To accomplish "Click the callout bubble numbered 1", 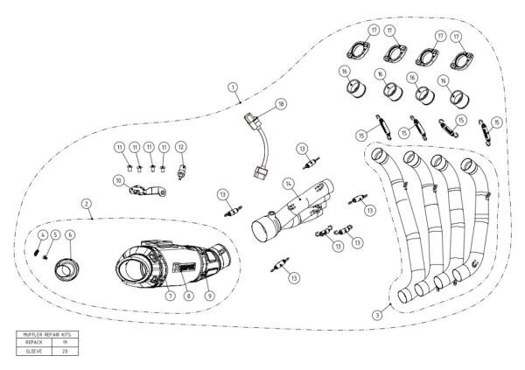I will [x=233, y=87].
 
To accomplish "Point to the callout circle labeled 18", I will [x=281, y=103].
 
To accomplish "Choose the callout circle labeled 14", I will [x=286, y=184].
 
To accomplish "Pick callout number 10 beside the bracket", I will [x=117, y=180].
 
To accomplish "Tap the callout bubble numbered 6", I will [x=70, y=234].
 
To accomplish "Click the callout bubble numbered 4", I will [x=39, y=234].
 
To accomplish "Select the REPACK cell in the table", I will [x=36, y=342].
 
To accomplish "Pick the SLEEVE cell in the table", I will [x=36, y=351].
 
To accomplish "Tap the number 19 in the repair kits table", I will [x=66, y=342].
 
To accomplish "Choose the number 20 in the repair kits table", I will [x=66, y=351].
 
